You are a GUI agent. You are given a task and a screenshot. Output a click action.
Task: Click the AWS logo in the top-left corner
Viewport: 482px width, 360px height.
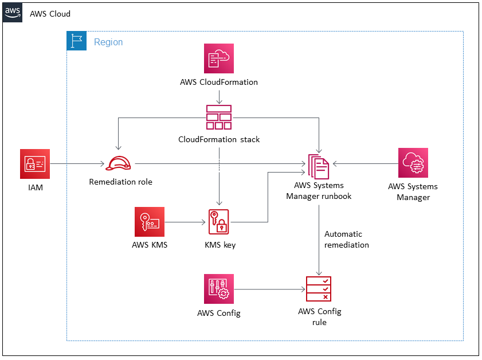pyautogui.click(x=13, y=12)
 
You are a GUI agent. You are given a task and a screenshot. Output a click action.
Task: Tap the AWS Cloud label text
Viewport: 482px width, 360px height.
pyautogui.click(x=50, y=13)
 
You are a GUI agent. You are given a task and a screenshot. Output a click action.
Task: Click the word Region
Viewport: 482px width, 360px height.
pyautogui.click(x=108, y=42)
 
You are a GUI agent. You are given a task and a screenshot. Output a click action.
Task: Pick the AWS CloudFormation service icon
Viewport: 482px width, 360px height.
pyautogui.click(x=219, y=58)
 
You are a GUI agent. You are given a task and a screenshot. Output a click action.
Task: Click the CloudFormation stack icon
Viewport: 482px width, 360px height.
pyautogui.click(x=219, y=117)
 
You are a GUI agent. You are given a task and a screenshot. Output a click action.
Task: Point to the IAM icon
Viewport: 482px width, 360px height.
pyautogui.click(x=35, y=164)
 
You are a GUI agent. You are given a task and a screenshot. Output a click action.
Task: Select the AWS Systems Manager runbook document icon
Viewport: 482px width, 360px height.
pyautogui.click(x=319, y=167)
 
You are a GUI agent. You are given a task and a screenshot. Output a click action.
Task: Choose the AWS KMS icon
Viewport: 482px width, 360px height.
pyautogui.click(x=150, y=222)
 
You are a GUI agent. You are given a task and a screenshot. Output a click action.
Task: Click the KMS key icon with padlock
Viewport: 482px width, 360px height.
pyautogui.click(x=219, y=222)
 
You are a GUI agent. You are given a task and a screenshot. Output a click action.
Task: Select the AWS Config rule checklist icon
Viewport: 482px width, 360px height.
pyautogui.click(x=319, y=289)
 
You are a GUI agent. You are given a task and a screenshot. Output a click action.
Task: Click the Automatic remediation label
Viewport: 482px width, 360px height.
pyautogui.click(x=346, y=240)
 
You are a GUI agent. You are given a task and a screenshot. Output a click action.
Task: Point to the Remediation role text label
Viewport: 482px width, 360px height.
pyautogui.click(x=120, y=182)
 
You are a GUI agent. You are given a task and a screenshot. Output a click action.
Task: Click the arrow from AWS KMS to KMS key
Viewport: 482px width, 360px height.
pyautogui.click(x=185, y=222)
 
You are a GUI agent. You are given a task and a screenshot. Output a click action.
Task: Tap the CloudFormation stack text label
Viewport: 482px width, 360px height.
pyautogui.click(x=219, y=139)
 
